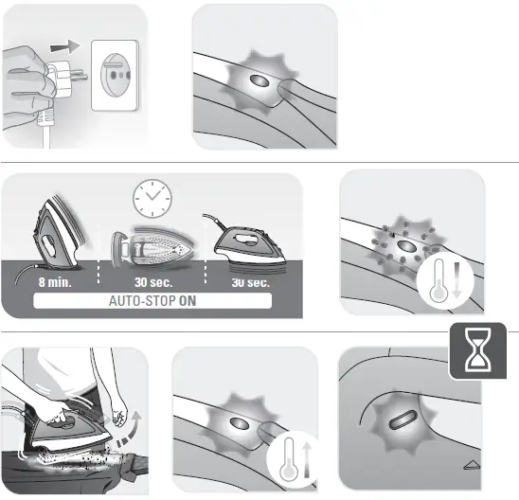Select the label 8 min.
click(56, 281)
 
